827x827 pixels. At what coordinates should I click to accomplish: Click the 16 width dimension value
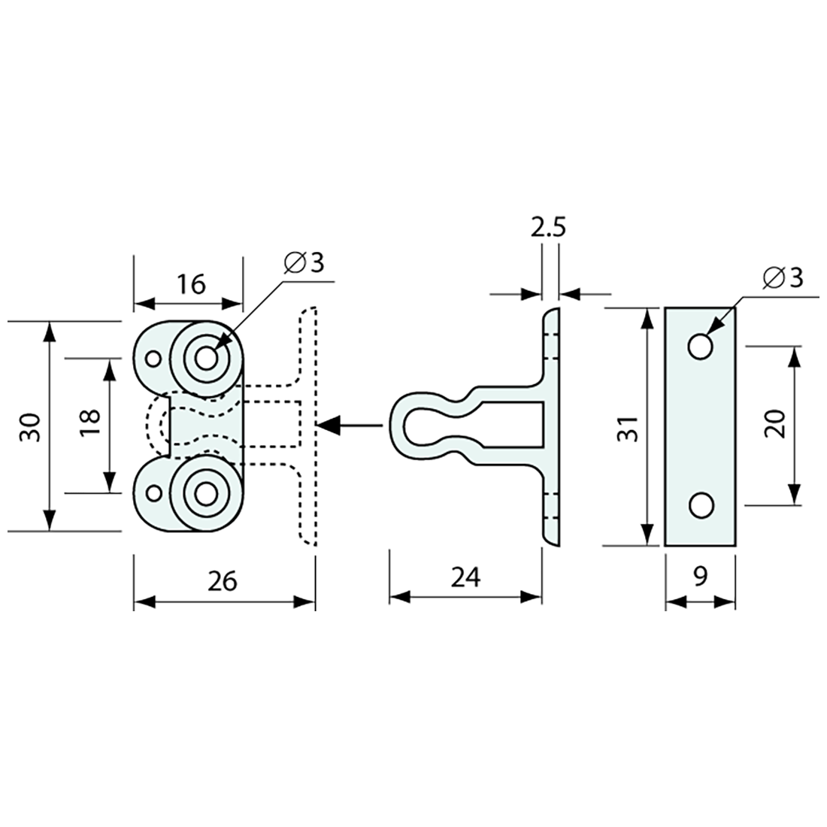pos(192,284)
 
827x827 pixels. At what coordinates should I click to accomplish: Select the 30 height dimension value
pos(30,426)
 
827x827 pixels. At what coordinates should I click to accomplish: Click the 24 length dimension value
pos(466,577)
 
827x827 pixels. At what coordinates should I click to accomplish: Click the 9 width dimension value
pos(700,577)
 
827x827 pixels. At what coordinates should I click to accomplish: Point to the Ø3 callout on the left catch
pos(304,263)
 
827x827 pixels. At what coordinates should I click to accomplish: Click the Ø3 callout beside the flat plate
pos(783,277)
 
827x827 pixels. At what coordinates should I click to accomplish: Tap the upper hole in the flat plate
pos(700,346)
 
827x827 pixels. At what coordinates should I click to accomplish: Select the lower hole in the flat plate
pos(700,506)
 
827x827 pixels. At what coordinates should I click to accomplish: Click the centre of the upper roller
pos(205,357)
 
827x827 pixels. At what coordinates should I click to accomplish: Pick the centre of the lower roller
pos(205,494)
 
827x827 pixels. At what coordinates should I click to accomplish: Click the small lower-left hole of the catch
pos(153,494)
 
